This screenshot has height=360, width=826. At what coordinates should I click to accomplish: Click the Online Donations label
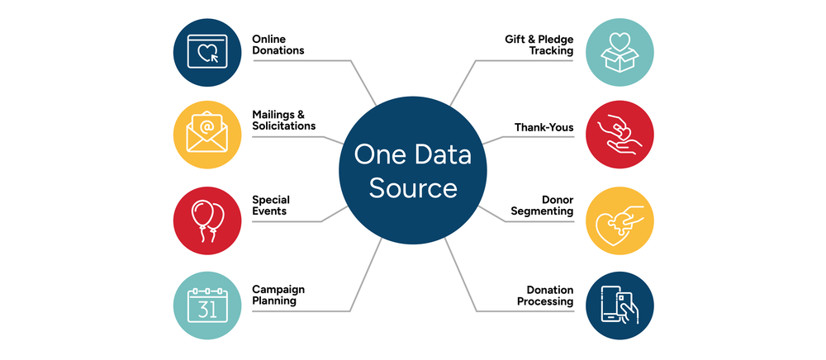pyautogui.click(x=278, y=45)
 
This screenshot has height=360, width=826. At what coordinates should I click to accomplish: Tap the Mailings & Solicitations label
pyautogui.click(x=283, y=120)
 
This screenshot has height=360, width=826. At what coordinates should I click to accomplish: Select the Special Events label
pyautogui.click(x=271, y=205)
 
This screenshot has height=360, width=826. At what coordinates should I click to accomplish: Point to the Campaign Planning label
pyautogui.click(x=278, y=295)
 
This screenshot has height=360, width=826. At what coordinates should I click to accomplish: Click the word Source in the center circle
pyautogui.click(x=412, y=188)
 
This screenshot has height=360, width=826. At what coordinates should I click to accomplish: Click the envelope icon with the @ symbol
pyautogui.click(x=206, y=133)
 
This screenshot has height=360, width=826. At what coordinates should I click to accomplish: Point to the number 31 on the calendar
pyautogui.click(x=206, y=310)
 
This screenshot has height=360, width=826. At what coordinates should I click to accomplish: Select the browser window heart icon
pyautogui.click(x=206, y=51)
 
